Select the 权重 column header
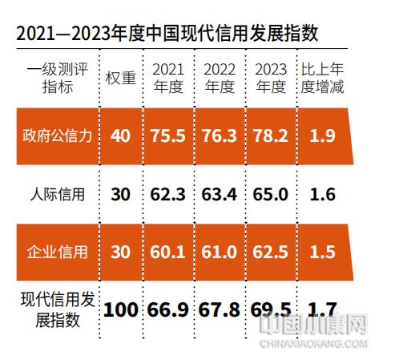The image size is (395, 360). point(120,79)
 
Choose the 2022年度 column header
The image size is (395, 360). point(220,79)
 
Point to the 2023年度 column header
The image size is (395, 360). point(269,79)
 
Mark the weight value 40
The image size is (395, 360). point(121,136)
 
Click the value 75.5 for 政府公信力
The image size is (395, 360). point(168,136)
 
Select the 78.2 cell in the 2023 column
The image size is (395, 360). point(270,136)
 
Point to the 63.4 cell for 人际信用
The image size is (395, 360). point(220,193)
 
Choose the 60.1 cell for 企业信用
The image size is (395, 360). point(168,252)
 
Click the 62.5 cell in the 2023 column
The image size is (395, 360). point(270,252)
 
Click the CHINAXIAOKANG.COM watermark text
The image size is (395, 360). point(313,346)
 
